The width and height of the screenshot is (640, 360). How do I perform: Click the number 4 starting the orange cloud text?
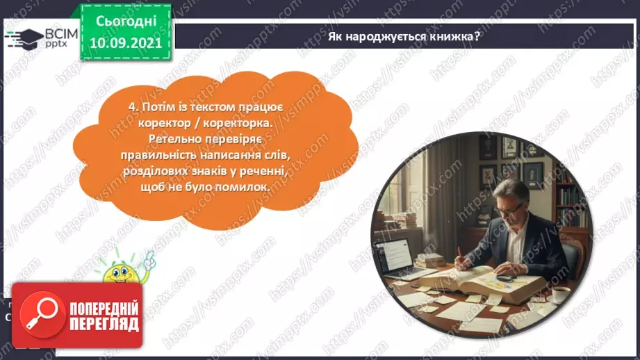tap(132, 108)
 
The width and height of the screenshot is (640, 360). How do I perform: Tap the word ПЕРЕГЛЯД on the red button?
tap(104, 324)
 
